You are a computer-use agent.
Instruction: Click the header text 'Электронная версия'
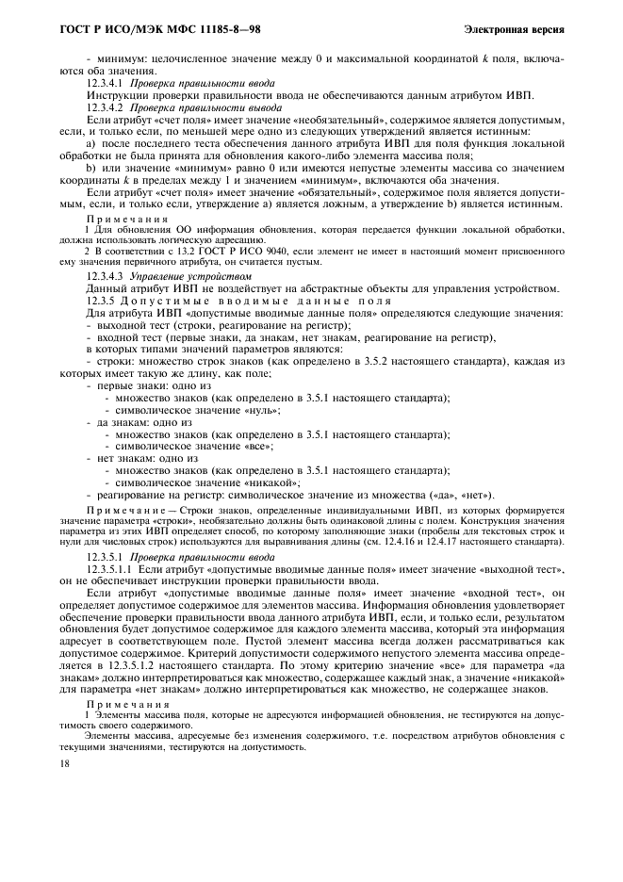point(515,30)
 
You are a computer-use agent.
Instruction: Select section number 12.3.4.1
point(106,84)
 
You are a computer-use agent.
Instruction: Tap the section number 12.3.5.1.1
point(110,570)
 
